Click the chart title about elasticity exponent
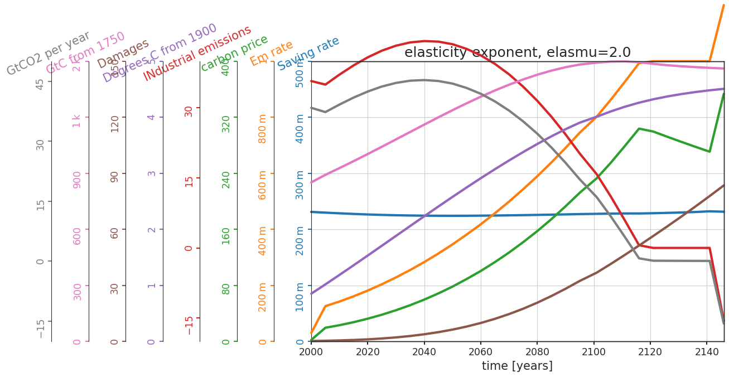click(x=517, y=52)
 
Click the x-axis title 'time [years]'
click(x=517, y=366)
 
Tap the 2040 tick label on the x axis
click(x=424, y=352)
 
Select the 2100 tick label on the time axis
click(x=593, y=352)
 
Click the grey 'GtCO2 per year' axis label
click(x=48, y=53)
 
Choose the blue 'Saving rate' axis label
click(x=308, y=53)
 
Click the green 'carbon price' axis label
click(x=234, y=53)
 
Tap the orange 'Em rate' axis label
click(x=272, y=53)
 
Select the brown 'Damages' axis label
click(x=123, y=54)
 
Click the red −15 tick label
click(x=189, y=323)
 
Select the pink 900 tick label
click(x=77, y=180)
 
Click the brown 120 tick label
click(x=114, y=123)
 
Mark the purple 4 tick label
click(x=151, y=117)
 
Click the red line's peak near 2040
click(x=425, y=41)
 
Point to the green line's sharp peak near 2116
click(x=639, y=128)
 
